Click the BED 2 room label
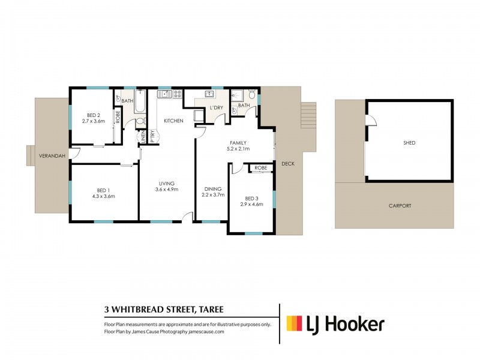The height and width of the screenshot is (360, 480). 94,115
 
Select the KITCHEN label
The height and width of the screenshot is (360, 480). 173,121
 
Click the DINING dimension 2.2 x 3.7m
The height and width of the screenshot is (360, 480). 213,194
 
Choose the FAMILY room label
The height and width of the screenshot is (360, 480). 238,143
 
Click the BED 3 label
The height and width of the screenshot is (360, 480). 251,199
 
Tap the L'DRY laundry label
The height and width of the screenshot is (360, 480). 216,109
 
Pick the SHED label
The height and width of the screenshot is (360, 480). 409,143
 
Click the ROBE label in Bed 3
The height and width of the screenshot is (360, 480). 260,168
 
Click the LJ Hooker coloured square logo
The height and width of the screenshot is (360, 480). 294,324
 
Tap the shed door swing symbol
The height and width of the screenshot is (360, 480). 372,122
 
